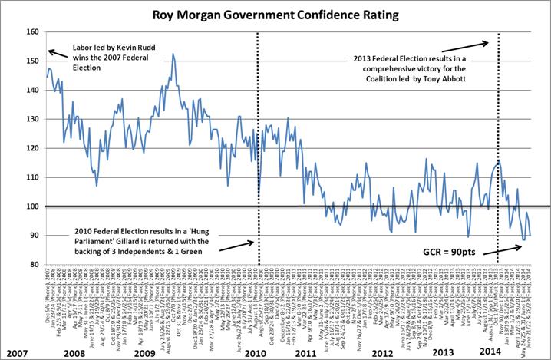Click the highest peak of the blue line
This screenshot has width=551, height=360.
click(173, 54)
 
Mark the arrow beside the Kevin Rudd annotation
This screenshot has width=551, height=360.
click(58, 54)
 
